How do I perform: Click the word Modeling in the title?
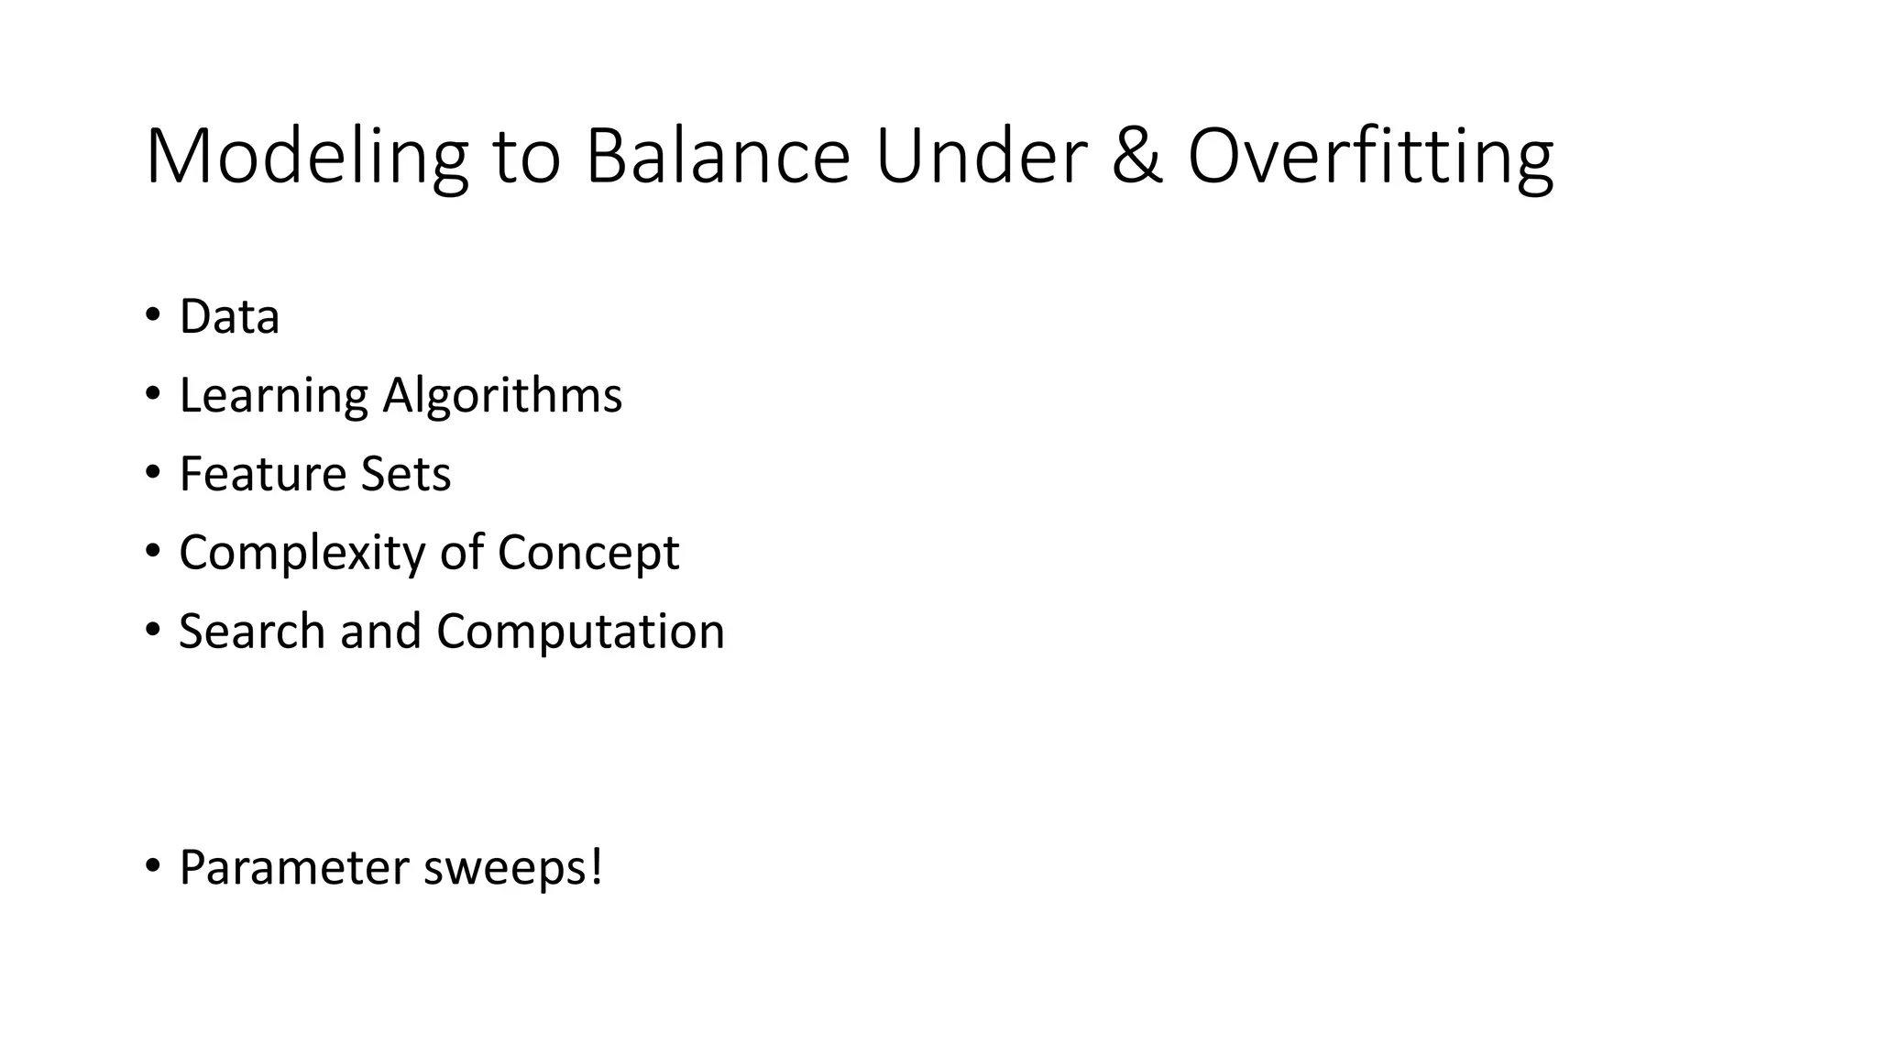point(306,158)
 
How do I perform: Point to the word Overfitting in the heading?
point(1370,158)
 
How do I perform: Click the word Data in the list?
point(229,317)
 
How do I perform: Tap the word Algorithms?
point(502,397)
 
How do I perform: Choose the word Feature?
point(262,474)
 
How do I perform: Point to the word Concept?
point(587,554)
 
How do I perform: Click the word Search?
point(252,632)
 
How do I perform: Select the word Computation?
point(580,632)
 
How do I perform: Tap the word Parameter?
point(294,868)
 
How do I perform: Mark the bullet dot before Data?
point(151,315)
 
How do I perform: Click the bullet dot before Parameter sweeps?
point(151,865)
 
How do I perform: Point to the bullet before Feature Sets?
point(151,473)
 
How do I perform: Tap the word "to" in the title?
point(526,158)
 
